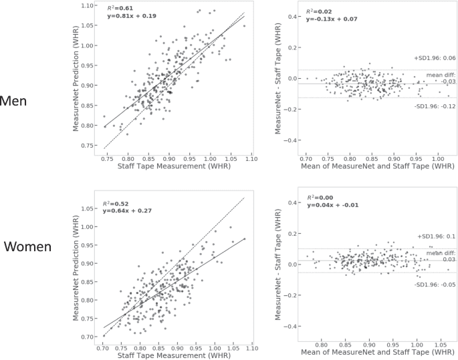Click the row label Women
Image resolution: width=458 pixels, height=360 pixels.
tap(27, 247)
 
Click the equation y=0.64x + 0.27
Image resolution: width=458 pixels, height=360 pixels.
tap(127, 211)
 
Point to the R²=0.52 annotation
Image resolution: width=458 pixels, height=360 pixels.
tap(114, 203)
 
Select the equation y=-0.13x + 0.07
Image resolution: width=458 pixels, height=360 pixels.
tap(332, 19)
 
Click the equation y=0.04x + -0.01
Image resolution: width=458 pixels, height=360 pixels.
tap(334, 205)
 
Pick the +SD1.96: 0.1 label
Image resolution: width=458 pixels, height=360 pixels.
tap(436, 236)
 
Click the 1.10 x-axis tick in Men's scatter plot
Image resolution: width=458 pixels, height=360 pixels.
tap(251, 158)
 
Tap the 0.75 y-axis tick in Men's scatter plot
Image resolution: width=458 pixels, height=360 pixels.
tap(87, 146)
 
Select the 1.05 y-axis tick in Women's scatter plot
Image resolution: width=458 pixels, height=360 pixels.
tap(87, 208)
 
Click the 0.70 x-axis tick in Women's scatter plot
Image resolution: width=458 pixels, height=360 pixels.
tap(102, 348)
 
